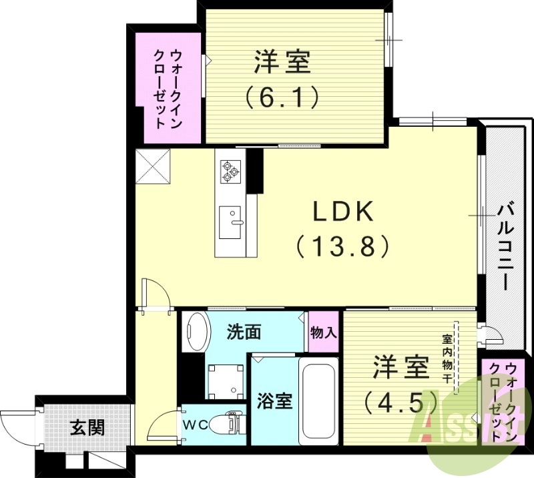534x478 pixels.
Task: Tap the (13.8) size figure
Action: click(342, 247)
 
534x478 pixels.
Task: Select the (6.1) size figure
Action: click(281, 98)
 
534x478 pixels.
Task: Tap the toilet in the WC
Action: click(224, 423)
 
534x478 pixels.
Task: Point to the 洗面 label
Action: click(243, 332)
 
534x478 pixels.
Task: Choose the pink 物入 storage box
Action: click(324, 332)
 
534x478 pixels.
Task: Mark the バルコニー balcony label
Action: click(505, 248)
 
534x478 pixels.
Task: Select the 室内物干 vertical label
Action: click(446, 358)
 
